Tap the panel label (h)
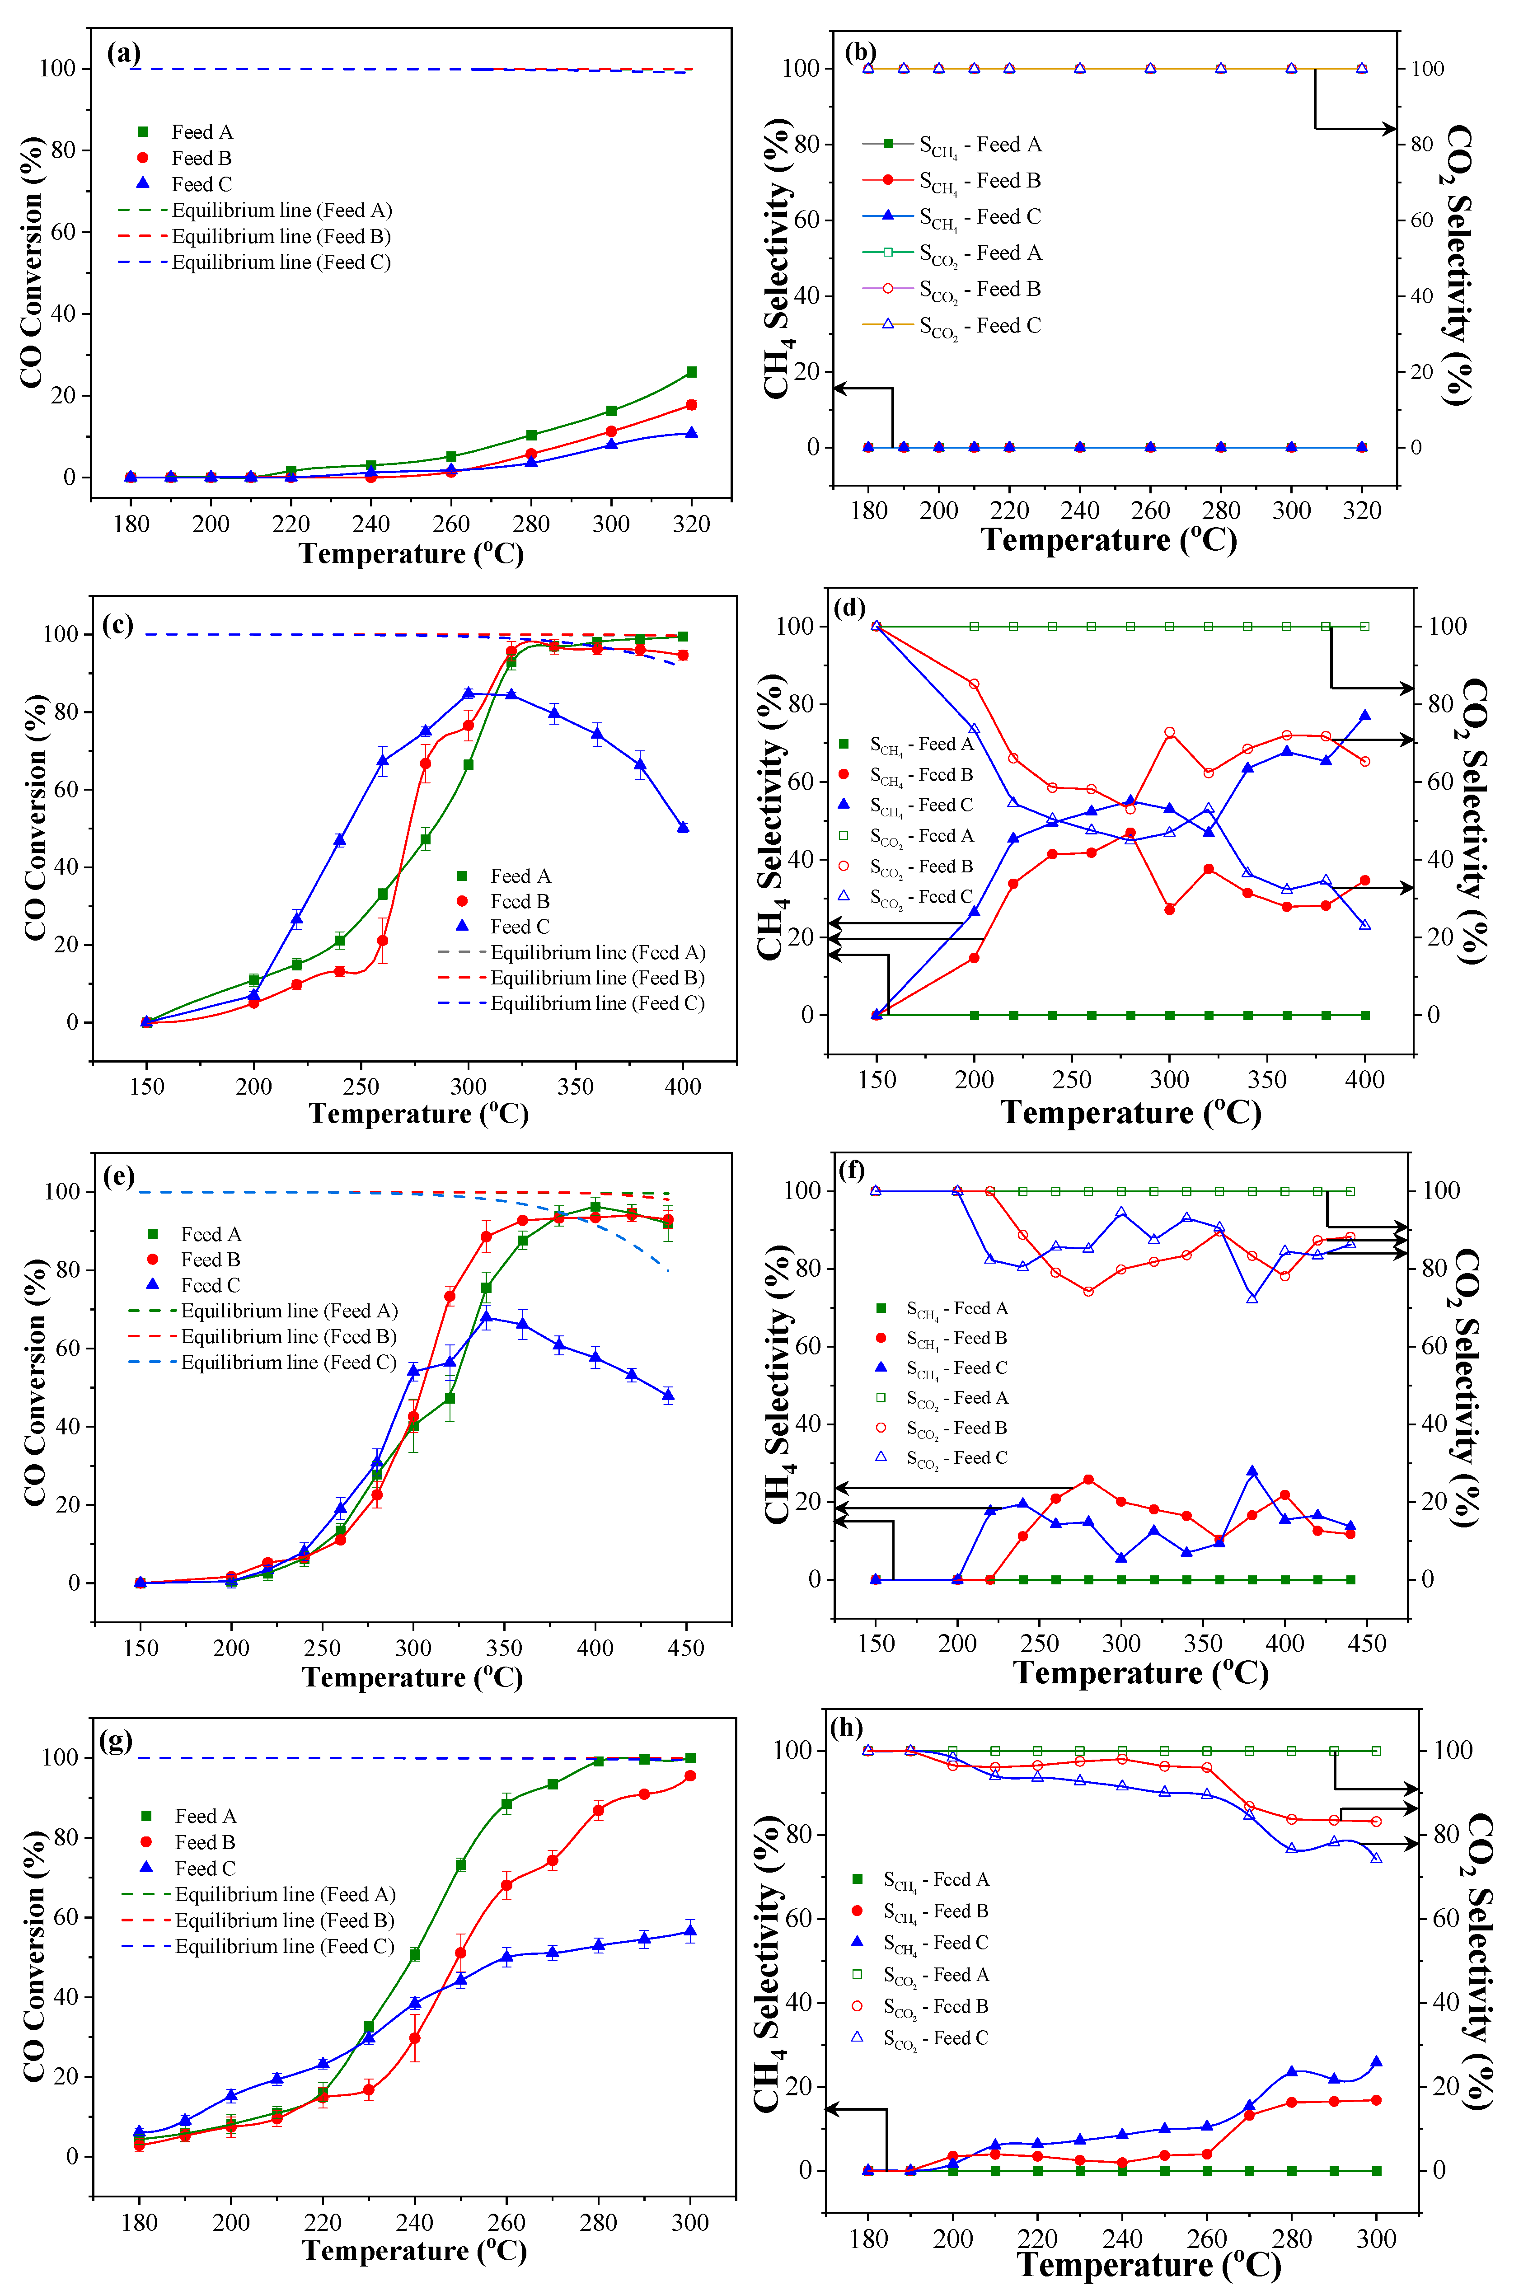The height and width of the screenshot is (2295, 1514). [847, 1726]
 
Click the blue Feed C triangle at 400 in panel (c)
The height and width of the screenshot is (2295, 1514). [683, 828]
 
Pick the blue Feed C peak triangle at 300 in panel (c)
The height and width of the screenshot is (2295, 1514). [469, 692]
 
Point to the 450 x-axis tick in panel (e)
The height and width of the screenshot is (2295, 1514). [685, 1647]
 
